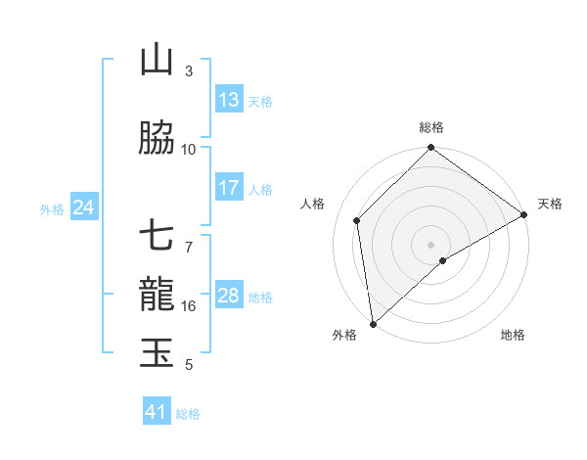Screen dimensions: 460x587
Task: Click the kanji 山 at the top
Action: (157, 61)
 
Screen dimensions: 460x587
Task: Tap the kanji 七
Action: (157, 238)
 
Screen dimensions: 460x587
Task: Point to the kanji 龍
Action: (157, 295)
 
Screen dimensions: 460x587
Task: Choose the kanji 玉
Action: (157, 352)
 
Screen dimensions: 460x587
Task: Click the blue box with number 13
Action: (229, 100)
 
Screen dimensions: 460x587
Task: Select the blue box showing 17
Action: (229, 188)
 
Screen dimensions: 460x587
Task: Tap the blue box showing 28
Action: (229, 296)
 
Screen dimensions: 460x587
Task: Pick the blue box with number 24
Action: (83, 207)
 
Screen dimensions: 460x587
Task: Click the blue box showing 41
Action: (157, 412)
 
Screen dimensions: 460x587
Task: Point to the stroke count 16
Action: (189, 306)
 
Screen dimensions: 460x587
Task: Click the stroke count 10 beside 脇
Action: (189, 150)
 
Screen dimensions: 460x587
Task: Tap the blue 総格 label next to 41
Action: (189, 414)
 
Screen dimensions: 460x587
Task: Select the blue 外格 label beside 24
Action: (52, 208)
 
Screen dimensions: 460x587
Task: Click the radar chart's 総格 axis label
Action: (431, 127)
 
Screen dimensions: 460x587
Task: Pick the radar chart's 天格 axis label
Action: (550, 204)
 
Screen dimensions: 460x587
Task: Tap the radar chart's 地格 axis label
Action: (513, 336)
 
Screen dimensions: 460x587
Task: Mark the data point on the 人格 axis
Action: (357, 220)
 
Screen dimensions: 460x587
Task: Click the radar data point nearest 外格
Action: (372, 323)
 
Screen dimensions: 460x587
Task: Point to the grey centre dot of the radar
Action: (431, 244)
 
